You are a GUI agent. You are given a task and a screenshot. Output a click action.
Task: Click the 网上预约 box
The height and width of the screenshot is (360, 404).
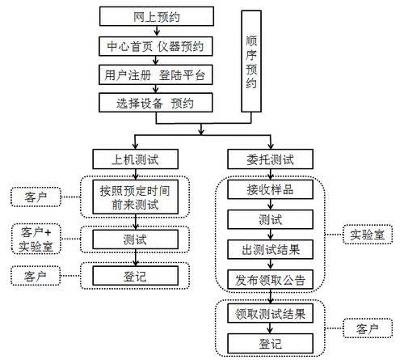pyautogui.click(x=155, y=16)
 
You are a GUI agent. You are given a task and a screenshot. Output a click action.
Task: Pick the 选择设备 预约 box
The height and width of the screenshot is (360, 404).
pyautogui.click(x=155, y=104)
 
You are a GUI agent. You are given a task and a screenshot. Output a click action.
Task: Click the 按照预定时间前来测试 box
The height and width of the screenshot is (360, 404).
pyautogui.click(x=134, y=197)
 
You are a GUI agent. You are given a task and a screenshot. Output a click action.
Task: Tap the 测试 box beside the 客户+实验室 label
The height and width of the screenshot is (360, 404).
pyautogui.click(x=134, y=239)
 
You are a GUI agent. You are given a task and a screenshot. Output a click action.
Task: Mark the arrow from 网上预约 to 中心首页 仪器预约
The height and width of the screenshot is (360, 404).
pyautogui.click(x=155, y=31)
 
